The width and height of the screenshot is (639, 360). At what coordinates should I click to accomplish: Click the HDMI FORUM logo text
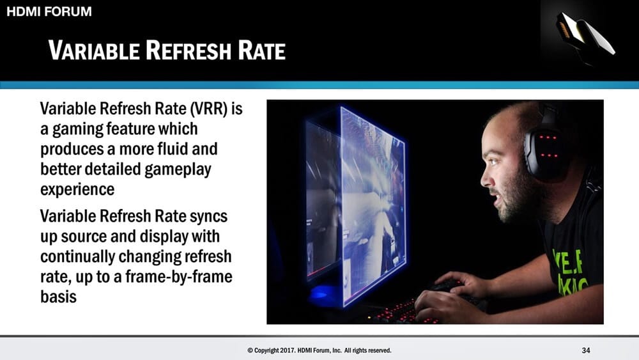click(x=49, y=12)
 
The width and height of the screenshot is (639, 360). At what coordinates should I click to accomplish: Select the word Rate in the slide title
click(x=261, y=50)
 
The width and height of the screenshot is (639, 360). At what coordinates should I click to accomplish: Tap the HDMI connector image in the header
click(x=585, y=35)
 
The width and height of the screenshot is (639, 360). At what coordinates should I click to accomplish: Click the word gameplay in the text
click(x=178, y=169)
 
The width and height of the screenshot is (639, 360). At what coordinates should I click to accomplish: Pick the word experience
click(x=77, y=189)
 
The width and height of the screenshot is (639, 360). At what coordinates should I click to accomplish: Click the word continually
click(x=77, y=257)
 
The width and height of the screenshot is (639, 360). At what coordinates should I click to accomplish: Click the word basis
click(x=58, y=297)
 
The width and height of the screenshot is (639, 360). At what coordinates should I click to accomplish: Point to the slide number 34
click(x=586, y=350)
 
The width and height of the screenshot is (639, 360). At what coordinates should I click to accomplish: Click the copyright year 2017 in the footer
click(x=286, y=350)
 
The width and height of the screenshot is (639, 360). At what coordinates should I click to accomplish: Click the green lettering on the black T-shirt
click(x=569, y=271)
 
